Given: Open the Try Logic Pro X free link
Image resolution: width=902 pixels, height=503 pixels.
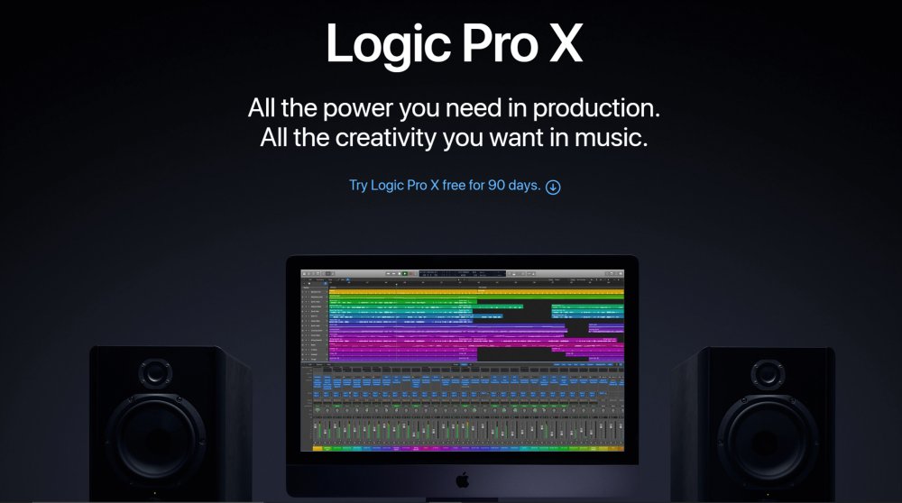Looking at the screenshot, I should click(x=445, y=187).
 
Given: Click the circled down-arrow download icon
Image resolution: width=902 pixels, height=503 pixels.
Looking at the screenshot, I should click(x=553, y=187).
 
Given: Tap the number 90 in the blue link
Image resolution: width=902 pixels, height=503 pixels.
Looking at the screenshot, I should click(x=497, y=187).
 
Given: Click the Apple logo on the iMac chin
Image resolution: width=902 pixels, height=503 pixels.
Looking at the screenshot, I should click(x=461, y=477).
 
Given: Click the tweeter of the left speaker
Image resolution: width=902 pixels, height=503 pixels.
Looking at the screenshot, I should click(x=154, y=372).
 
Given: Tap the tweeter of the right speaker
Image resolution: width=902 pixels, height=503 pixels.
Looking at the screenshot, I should click(x=769, y=372).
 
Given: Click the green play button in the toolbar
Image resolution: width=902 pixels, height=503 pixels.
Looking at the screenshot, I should click(x=405, y=272).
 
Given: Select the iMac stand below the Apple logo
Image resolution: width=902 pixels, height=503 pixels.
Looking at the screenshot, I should click(x=461, y=498).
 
